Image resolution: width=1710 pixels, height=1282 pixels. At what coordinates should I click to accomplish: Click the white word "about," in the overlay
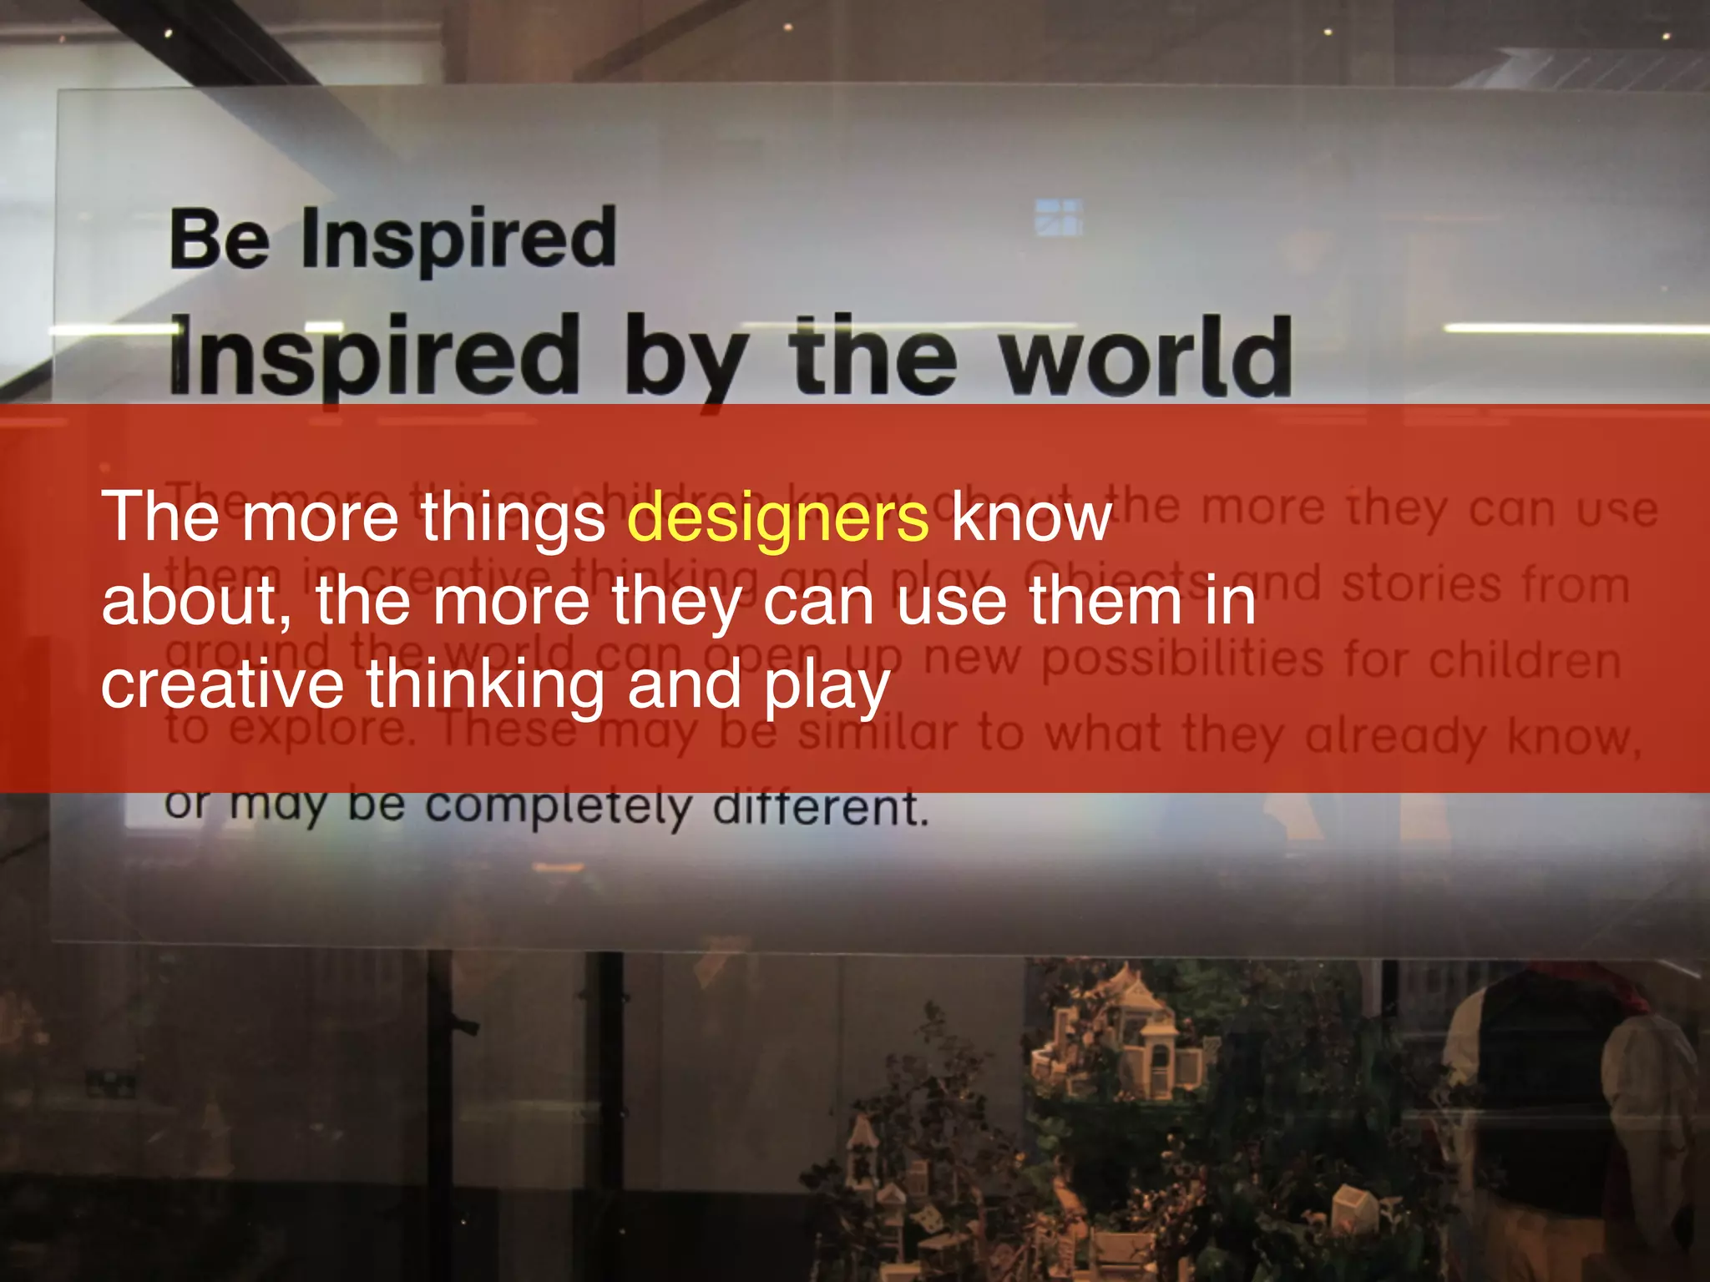(196, 601)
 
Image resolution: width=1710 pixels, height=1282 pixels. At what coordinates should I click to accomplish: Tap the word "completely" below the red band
(559, 807)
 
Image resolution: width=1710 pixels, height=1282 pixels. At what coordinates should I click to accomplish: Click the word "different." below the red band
(820, 808)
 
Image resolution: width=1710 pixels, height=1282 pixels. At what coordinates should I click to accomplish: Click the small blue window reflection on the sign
(1058, 217)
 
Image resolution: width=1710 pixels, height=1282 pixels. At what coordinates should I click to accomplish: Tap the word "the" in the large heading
(873, 356)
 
